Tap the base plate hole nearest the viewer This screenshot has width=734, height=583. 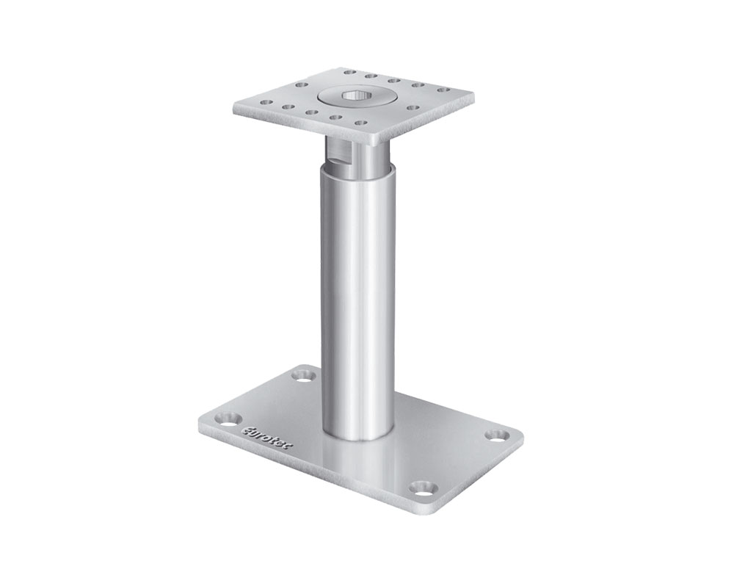421,486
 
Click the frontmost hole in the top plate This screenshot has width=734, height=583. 360,126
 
